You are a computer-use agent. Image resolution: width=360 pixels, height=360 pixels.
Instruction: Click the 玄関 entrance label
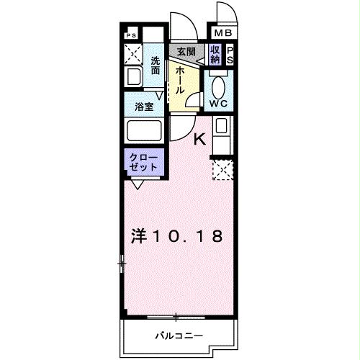[186, 52]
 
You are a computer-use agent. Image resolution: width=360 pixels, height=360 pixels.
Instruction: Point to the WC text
[218, 103]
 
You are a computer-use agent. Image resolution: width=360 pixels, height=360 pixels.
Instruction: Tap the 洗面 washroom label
[156, 66]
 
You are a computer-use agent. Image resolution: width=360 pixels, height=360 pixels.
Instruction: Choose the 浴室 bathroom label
[144, 107]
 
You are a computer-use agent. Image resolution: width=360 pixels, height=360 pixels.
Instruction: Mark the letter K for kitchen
[200, 139]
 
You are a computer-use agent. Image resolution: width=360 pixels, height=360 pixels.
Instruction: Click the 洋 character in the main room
[140, 235]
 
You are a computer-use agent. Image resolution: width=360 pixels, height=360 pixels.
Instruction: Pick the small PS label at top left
[131, 35]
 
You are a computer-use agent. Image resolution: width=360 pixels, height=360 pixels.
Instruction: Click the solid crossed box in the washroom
[132, 52]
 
